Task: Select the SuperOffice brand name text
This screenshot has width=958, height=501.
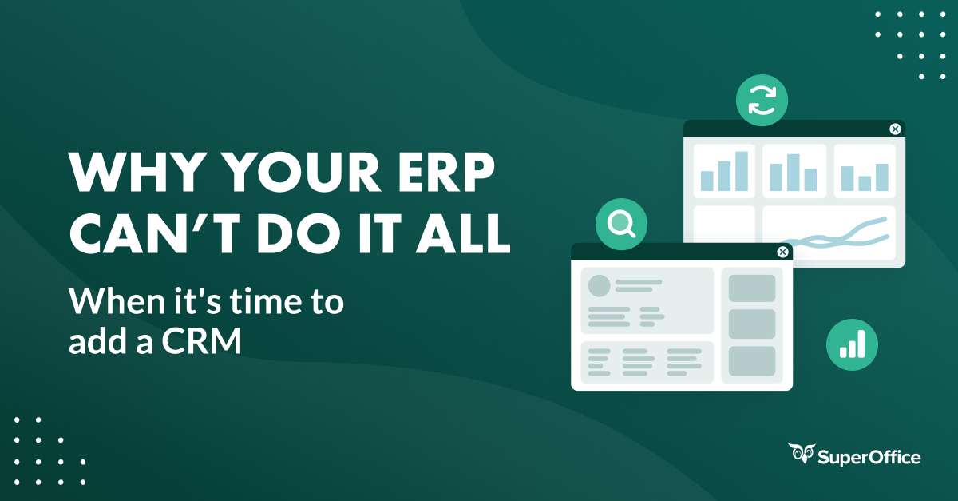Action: click(x=869, y=457)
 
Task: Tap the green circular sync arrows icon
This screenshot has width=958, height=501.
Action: click(x=762, y=101)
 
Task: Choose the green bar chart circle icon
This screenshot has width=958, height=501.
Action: click(x=852, y=345)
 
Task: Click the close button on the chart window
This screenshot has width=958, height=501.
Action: click(x=895, y=129)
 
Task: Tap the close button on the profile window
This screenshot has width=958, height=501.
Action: click(x=782, y=252)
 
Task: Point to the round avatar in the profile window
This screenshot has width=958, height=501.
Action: click(x=599, y=286)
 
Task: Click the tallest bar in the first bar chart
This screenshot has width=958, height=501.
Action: click(x=742, y=171)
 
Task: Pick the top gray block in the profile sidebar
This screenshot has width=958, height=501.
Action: click(x=751, y=288)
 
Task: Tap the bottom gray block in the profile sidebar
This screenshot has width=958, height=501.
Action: click(x=751, y=361)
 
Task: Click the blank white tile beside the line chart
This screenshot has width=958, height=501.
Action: click(x=724, y=233)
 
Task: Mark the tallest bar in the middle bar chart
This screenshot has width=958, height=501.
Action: click(x=793, y=173)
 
